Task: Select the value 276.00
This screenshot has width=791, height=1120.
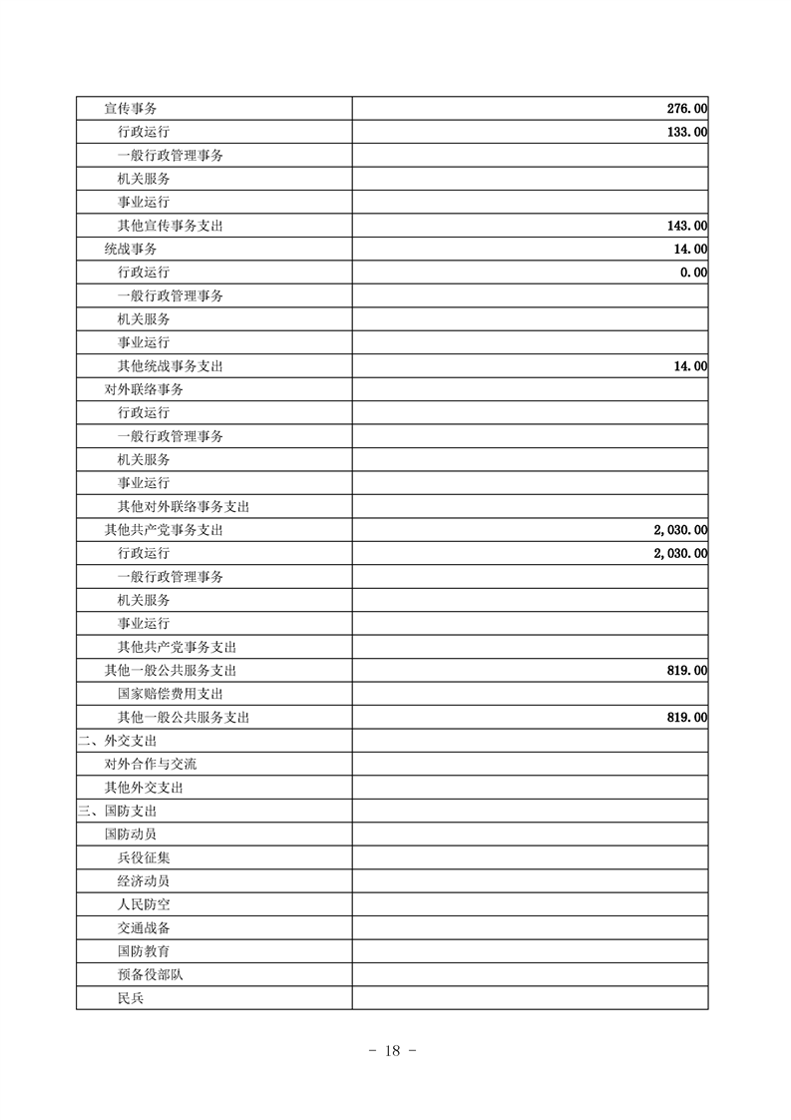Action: (x=687, y=108)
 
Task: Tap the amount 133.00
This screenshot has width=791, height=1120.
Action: (x=687, y=132)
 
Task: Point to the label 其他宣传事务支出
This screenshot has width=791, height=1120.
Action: (x=170, y=226)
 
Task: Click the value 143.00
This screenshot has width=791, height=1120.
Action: (x=687, y=226)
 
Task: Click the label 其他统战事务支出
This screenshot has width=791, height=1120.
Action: (x=170, y=366)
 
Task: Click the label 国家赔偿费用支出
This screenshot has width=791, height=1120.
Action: (x=170, y=694)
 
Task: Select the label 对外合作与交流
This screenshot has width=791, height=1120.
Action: (x=151, y=764)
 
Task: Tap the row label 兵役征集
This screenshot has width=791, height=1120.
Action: (x=144, y=857)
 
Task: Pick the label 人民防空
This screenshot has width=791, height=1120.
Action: (x=144, y=904)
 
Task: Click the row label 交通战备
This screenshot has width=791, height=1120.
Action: (x=144, y=928)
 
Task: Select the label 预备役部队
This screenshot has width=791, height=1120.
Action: (x=150, y=974)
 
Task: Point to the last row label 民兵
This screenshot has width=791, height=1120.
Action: (x=131, y=998)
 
